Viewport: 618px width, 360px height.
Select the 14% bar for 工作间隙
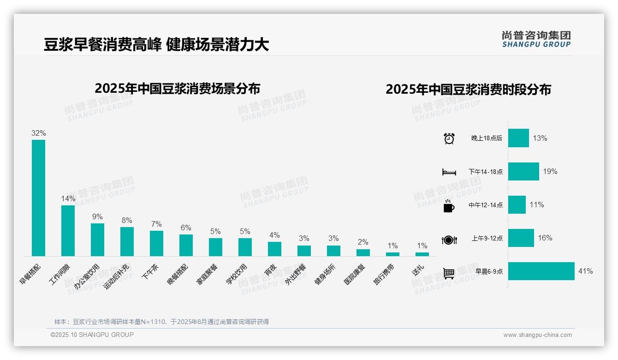68,230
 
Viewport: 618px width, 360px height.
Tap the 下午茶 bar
156,243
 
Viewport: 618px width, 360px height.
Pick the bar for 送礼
422,254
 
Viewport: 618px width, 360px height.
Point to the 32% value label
38,133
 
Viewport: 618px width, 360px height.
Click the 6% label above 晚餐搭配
186,228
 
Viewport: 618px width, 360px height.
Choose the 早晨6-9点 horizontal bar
541,271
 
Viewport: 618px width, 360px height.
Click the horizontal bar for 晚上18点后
518,138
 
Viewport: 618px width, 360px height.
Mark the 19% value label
550,171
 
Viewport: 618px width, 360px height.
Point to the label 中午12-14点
486,205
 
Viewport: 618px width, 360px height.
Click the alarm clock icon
449,138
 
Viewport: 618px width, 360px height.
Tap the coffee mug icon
449,205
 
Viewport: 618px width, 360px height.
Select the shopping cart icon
449,273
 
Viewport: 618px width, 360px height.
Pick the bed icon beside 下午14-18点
449,172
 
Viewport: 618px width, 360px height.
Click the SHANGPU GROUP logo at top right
536,39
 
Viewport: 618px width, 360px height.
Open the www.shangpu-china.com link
537,335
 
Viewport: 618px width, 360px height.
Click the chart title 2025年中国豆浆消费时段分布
468,89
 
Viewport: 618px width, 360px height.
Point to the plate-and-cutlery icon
449,240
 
